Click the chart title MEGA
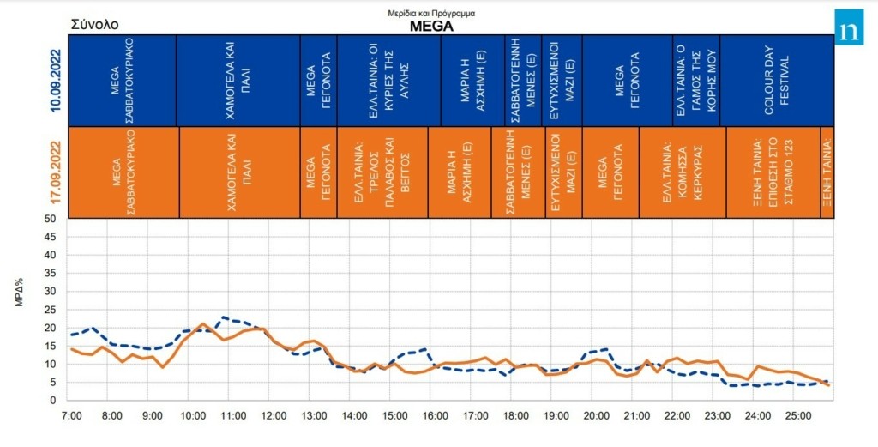pos(430,26)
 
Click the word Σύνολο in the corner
pos(95,25)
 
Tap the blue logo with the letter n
pos(849,28)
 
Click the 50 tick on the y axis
pos(51,219)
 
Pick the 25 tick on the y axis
pos(51,310)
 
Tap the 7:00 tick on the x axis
pos(71,416)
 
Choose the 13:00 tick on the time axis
pos(314,416)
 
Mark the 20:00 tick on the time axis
pos(596,416)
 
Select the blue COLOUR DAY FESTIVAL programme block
pos(776,81)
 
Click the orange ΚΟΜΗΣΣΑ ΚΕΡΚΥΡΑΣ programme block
pos(682,172)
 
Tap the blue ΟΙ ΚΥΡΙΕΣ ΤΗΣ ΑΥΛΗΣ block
pos(388,81)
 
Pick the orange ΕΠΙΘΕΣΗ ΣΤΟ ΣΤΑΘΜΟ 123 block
pos(773,172)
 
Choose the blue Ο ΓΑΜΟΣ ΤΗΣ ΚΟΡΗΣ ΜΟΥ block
pos(695,81)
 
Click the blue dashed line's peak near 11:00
pos(224,317)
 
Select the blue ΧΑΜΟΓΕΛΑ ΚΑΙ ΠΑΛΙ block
pos(238,81)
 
